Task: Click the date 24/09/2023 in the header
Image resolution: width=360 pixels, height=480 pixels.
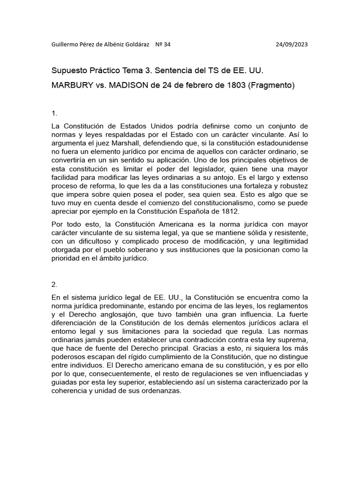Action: tap(292, 45)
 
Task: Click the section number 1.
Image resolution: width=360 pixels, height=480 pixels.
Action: tap(54, 113)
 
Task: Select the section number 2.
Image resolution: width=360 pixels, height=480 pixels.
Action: tap(54, 284)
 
